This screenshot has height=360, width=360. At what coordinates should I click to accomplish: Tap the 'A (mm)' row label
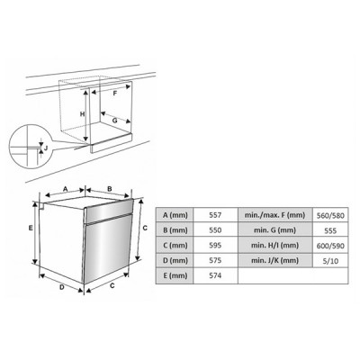tap(176, 215)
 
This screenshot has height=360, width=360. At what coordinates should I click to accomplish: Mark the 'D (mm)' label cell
tap(176, 260)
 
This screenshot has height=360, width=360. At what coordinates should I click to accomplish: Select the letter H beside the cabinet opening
tap(81, 115)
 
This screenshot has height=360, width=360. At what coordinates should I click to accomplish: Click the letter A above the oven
tap(66, 189)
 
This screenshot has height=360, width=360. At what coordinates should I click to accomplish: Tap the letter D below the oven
tap(60, 288)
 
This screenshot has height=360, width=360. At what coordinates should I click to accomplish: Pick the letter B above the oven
tap(110, 189)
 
